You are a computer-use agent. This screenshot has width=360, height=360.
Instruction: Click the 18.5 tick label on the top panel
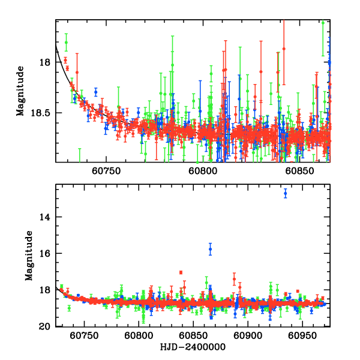coord(41,112)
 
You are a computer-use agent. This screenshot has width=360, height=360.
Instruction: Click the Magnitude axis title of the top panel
coord(20,90)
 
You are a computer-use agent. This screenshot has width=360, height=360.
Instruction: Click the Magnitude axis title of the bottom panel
coord(29,256)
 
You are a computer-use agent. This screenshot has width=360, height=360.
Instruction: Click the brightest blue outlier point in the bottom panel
coord(285,193)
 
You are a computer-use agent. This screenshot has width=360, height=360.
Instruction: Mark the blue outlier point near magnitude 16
coord(210,249)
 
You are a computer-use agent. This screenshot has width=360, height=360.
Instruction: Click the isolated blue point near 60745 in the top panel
coord(96,92)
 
